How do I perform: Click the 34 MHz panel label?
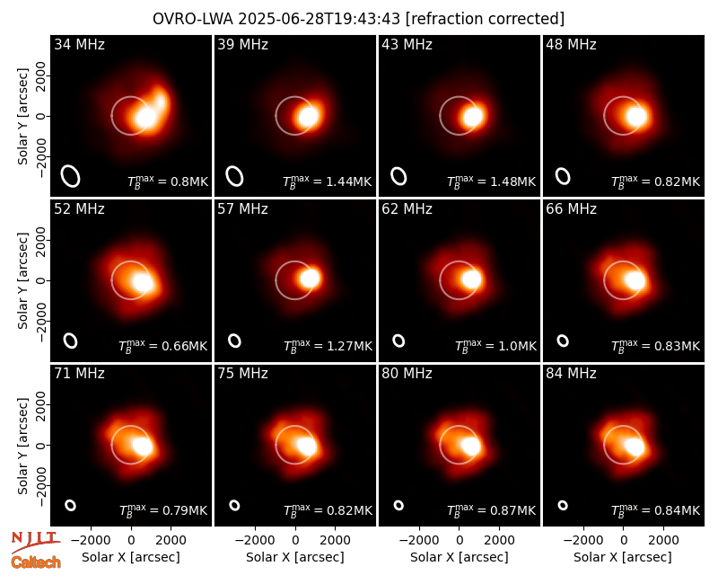pyautogui.click(x=79, y=44)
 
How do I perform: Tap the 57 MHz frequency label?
pyautogui.click(x=242, y=209)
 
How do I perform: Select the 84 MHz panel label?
pyautogui.click(x=571, y=374)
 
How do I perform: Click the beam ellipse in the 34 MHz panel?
pyautogui.click(x=71, y=176)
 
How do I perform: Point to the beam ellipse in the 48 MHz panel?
pyautogui.click(x=563, y=176)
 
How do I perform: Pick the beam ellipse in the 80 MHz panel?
pyautogui.click(x=398, y=505)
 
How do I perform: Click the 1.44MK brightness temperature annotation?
pyautogui.click(x=327, y=181)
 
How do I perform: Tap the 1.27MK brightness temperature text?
pyautogui.click(x=328, y=346)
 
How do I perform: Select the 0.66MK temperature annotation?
pyautogui.click(x=163, y=346)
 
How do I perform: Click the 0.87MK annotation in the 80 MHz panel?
pyautogui.click(x=491, y=510)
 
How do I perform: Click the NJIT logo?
pyautogui.click(x=36, y=542)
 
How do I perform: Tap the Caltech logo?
pyautogui.click(x=36, y=562)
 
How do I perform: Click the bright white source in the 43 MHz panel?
pyautogui.click(x=472, y=117)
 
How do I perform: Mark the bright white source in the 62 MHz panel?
pyautogui.click(x=471, y=279)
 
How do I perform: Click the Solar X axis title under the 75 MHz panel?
pyautogui.click(x=295, y=557)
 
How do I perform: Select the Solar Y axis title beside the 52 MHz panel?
pyautogui.click(x=22, y=281)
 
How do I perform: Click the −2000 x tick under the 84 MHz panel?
pyautogui.click(x=582, y=540)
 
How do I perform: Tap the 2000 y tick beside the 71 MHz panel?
pyautogui.click(x=41, y=405)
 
